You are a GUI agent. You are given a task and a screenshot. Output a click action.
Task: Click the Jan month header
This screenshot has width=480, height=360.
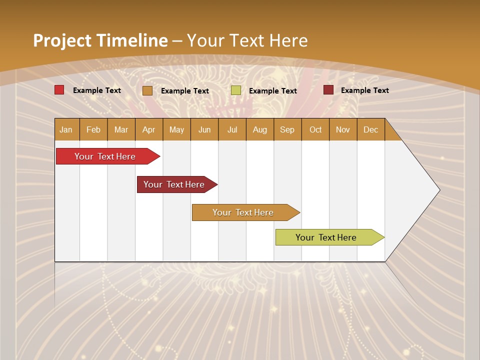coord(66,129)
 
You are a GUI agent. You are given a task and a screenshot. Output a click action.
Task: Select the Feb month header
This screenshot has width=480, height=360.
coord(93,129)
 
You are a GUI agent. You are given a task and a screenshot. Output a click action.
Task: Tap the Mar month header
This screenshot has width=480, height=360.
coord(121,129)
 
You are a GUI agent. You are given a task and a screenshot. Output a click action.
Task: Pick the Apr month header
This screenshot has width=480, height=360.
coord(149,129)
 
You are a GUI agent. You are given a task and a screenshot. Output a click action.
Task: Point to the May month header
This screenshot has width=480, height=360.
coord(176,129)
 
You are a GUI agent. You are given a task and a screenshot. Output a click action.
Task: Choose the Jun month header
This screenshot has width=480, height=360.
coord(204,129)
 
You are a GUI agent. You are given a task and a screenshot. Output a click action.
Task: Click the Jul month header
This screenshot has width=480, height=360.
coord(232,129)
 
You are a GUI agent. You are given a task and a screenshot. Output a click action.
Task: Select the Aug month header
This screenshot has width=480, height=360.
coord(260,129)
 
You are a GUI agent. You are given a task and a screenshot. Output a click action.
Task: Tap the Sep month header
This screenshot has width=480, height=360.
coord(287,129)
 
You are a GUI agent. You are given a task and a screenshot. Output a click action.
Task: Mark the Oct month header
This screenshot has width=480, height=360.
coord(315,129)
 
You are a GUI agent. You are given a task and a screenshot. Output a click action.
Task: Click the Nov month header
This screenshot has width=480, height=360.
coord(343,129)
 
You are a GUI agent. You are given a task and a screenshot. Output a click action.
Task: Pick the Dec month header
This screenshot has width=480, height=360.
coord(371,129)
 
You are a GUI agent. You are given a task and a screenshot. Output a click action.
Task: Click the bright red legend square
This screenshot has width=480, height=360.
coord(59,90)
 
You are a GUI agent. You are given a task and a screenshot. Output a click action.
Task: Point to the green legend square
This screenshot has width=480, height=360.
coord(236,90)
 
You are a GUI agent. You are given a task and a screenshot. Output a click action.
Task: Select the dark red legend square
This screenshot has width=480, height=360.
coord(328,90)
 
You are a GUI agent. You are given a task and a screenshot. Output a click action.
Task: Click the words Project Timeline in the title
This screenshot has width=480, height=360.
coord(100,40)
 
